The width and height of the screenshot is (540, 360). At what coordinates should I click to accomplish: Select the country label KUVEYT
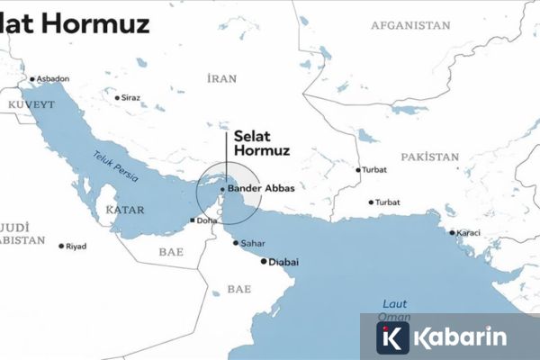(x=31, y=105)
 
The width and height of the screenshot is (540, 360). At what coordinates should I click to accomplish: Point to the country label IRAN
(x=221, y=79)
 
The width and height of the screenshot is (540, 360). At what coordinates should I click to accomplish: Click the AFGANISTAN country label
(x=409, y=26)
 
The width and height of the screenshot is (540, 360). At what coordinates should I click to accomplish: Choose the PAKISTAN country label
(x=430, y=157)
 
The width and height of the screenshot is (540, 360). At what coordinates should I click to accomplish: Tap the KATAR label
(x=125, y=209)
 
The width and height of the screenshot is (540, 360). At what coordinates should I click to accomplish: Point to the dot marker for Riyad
(x=61, y=246)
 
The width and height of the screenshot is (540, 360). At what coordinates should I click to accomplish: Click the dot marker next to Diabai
(x=264, y=262)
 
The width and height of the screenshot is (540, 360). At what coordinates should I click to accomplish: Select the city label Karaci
(x=468, y=233)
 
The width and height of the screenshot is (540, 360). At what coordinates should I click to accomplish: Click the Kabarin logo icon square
(x=393, y=338)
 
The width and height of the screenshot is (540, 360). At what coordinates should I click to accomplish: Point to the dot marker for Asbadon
(x=33, y=79)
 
